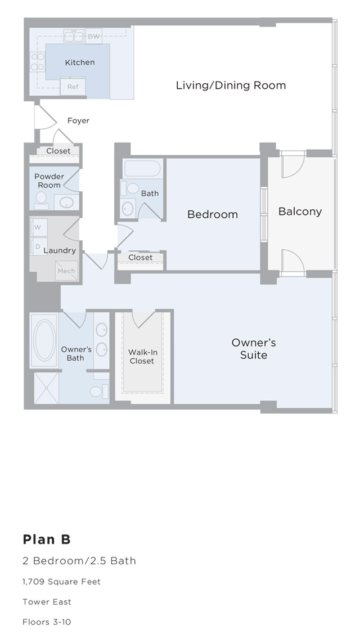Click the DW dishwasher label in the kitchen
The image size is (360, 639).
point(94,37)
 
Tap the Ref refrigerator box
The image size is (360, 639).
point(73,87)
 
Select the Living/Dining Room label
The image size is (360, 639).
point(231,85)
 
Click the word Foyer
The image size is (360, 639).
point(78,120)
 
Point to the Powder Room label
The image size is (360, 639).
point(49,181)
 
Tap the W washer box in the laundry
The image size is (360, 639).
point(38,227)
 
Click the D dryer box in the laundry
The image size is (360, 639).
point(38,246)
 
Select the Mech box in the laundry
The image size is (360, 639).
point(66,271)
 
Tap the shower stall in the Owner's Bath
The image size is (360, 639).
point(46,388)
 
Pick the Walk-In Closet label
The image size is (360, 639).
point(142,357)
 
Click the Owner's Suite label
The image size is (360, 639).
point(254,349)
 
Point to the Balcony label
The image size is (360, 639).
point(300,211)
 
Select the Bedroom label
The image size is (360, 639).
point(213,214)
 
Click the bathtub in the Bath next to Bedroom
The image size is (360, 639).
point(143,168)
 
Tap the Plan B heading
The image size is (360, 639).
point(47,539)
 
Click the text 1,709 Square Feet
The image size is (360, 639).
point(62,582)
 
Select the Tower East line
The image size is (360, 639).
point(47,602)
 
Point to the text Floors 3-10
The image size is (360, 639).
point(47,622)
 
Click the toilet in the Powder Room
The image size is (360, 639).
point(41,198)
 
